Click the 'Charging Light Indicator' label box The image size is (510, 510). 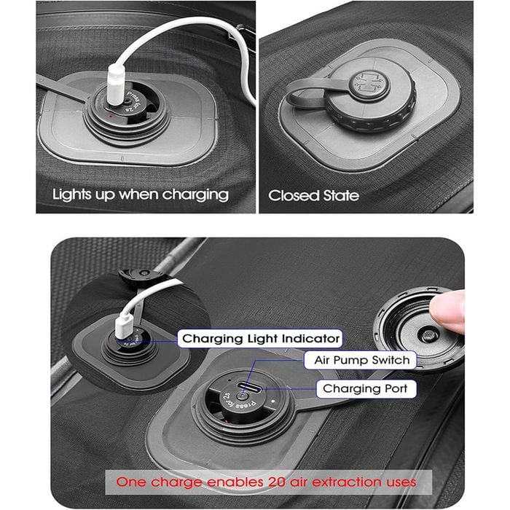(x=260, y=339)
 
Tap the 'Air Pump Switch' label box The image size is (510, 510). (x=360, y=360)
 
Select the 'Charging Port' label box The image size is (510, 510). (x=366, y=388)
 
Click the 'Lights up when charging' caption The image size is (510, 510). (x=141, y=195)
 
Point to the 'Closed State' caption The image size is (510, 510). (x=313, y=195)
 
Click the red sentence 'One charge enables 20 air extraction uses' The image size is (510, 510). (x=266, y=482)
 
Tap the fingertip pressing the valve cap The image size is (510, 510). (x=448, y=310)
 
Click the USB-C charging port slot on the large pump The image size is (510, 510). (x=249, y=387)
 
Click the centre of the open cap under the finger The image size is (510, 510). (x=427, y=334)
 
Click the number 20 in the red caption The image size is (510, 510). (x=277, y=482)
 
